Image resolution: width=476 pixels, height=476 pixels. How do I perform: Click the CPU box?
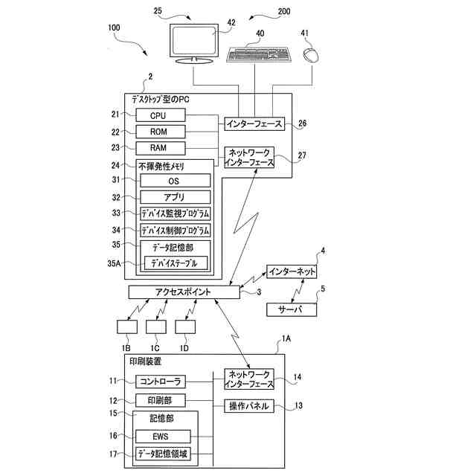click(x=158, y=115)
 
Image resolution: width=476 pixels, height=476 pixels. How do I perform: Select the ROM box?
click(x=158, y=132)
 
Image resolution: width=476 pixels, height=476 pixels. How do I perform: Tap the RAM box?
click(x=158, y=147)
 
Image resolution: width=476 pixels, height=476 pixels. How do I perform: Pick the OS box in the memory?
click(x=175, y=181)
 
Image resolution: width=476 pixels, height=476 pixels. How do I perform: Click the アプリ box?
click(x=175, y=197)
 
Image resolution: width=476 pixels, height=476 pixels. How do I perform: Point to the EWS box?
click(x=161, y=437)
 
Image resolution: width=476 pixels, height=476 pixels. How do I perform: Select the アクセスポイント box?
click(x=183, y=292)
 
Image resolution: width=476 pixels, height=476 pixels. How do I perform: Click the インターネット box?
click(x=292, y=271)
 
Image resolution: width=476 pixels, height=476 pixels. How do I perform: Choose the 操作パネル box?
click(x=249, y=406)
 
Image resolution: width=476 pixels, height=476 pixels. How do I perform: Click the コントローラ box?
click(x=159, y=382)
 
